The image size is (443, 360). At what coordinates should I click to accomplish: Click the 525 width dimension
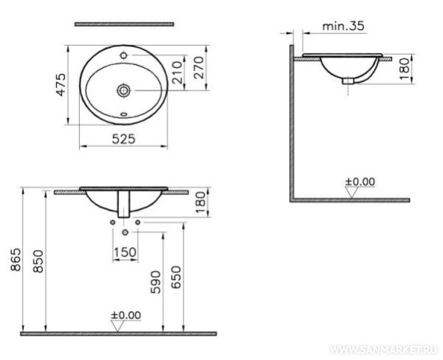tap(124, 139)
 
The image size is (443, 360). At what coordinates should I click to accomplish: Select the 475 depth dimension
tap(61, 85)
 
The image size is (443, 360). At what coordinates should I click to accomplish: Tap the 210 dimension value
tap(177, 72)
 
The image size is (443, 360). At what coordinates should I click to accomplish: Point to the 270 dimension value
tap(199, 68)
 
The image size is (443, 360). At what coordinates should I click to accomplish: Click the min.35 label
tap(343, 26)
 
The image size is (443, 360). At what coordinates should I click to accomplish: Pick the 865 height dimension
tap(16, 259)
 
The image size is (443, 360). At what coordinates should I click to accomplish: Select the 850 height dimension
tap(38, 261)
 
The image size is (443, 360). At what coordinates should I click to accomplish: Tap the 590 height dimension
tap(155, 282)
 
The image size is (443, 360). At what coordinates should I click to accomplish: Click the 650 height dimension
tap(176, 277)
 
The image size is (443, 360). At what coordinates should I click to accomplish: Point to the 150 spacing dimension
tap(125, 252)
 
